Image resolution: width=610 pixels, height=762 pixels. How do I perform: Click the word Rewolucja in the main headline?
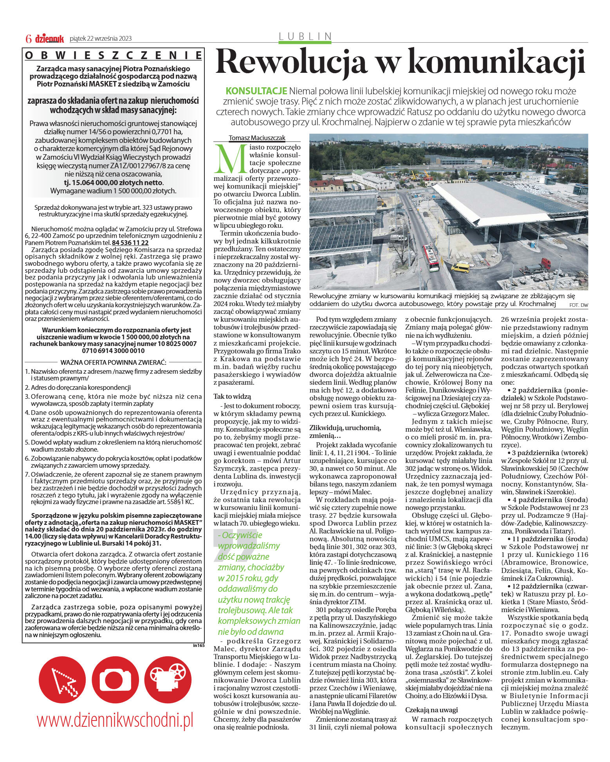[x=292, y=63]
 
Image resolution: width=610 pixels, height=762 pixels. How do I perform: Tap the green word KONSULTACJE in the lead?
[x=256, y=92]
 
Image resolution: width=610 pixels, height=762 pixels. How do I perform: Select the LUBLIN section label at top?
[x=305, y=36]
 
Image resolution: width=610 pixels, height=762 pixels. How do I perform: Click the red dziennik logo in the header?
[x=49, y=38]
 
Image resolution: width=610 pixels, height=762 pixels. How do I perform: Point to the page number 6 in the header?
[x=28, y=38]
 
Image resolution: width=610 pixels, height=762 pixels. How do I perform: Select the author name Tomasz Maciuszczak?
[x=257, y=138]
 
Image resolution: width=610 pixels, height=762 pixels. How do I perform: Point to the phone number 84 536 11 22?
[x=130, y=243]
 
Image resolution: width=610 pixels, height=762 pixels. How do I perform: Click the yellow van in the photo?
[x=460, y=268]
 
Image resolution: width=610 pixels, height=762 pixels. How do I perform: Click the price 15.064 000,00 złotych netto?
[x=114, y=183]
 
